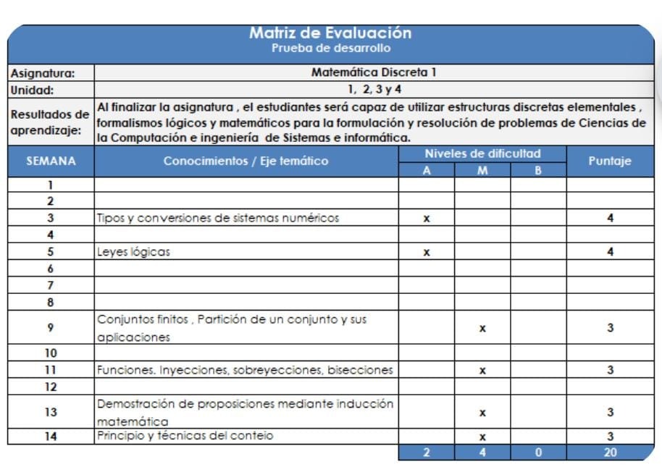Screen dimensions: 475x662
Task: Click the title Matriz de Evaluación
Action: coord(330,33)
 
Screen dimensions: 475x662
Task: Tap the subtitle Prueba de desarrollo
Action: coord(330,49)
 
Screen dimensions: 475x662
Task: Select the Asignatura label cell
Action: coord(43,73)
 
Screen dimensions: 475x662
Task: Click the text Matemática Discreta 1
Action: coord(374,72)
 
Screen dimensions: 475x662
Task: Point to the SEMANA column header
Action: coord(51,161)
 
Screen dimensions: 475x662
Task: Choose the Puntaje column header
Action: coord(611,161)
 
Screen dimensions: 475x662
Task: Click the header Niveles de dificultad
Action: coord(482,154)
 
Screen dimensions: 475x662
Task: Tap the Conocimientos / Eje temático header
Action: coord(246,161)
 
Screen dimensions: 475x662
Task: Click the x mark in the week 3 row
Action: coord(427,218)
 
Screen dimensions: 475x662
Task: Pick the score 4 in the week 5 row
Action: coord(611,253)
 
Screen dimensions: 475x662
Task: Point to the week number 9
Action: coord(51,328)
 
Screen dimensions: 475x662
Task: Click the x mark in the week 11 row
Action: coord(482,371)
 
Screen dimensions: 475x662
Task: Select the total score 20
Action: coord(611,453)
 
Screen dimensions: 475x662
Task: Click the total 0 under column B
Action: coord(538,453)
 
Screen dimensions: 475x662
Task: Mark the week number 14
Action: coord(51,436)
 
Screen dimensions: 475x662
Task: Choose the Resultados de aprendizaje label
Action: coord(50,122)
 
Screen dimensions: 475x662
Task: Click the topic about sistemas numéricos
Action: coord(218,218)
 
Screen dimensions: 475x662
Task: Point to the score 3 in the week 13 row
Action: coord(611,413)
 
